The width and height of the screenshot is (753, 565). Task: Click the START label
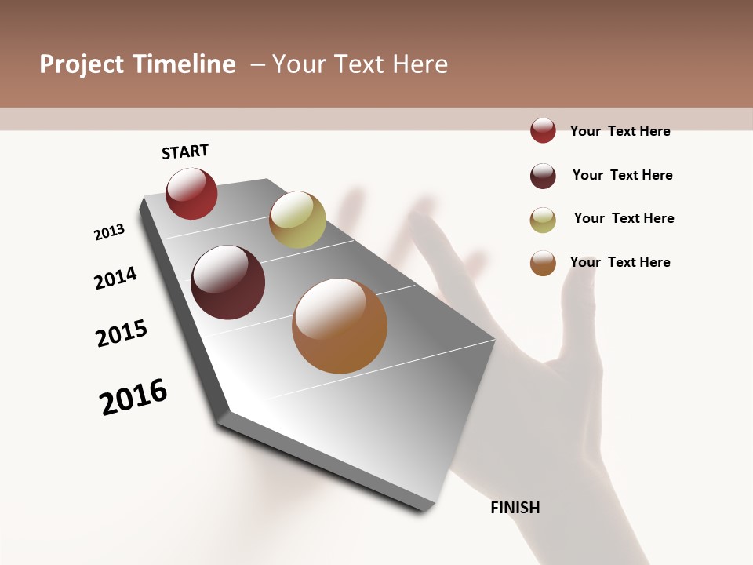click(185, 151)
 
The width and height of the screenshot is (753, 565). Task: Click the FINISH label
click(515, 508)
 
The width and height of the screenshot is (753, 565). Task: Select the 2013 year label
click(109, 232)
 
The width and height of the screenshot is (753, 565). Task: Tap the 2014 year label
click(115, 278)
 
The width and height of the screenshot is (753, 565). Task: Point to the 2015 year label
click(122, 333)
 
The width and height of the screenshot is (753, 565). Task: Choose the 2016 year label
click(133, 397)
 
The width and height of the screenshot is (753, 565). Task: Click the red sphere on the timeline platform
click(191, 194)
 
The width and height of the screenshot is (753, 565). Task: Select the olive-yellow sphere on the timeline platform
click(297, 220)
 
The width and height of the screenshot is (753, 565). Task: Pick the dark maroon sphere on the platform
click(228, 282)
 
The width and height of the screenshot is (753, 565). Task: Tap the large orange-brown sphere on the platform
click(340, 326)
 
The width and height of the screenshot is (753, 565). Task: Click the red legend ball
click(543, 131)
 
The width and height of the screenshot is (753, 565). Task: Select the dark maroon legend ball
click(543, 176)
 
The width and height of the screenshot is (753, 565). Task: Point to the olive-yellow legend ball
click(543, 220)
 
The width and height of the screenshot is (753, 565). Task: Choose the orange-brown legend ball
click(543, 264)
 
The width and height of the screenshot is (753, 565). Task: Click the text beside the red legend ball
click(620, 131)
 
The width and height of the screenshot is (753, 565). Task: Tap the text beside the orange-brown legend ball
click(620, 262)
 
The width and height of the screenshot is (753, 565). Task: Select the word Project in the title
click(82, 64)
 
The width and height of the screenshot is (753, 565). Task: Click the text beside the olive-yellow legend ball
click(624, 218)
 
